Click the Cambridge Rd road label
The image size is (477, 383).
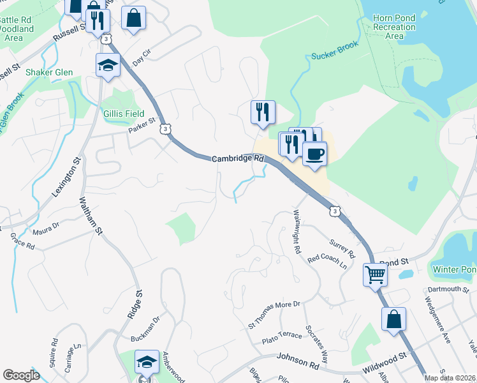coord(237,158)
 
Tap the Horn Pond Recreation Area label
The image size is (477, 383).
coord(395,27)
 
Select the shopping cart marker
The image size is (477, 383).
coord(376,275)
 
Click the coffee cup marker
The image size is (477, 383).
coord(314,153)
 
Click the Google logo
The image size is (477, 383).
coord(21,375)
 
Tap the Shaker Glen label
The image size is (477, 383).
coord(48,72)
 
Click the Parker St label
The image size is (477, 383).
coord(142,125)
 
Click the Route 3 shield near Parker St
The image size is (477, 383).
coord(166,129)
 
